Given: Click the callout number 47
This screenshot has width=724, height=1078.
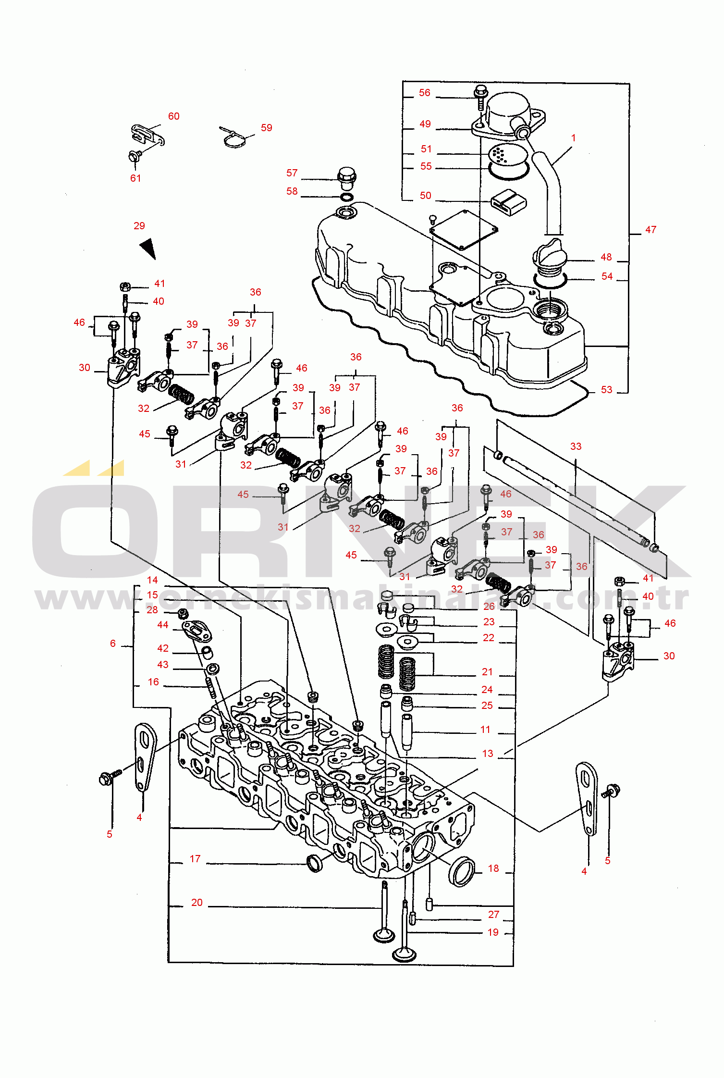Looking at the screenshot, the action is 650,230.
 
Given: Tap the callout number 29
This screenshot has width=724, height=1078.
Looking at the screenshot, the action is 139,226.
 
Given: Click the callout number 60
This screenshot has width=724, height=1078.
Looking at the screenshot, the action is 174,116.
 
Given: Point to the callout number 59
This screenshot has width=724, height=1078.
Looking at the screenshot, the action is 267,128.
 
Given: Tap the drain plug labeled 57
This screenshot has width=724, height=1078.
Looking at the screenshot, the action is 346,179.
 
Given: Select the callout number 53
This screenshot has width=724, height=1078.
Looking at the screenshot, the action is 607,390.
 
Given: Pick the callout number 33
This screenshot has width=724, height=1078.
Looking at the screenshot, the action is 576,446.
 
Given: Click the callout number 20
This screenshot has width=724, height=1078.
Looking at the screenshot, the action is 197,903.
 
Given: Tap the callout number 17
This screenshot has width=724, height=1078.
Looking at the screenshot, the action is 195,859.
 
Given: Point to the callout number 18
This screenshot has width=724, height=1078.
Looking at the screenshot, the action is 493,868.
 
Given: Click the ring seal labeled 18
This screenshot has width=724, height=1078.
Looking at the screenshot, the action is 461,871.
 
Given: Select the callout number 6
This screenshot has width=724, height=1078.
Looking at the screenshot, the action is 113,644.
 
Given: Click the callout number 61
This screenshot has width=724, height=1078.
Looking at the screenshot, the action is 136,178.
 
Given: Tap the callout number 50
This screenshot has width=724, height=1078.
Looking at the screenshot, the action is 426,196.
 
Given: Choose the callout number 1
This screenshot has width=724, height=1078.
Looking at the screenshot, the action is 573,138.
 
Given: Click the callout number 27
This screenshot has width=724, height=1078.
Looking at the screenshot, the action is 494,915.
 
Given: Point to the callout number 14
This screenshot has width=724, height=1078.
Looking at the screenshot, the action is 152,580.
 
